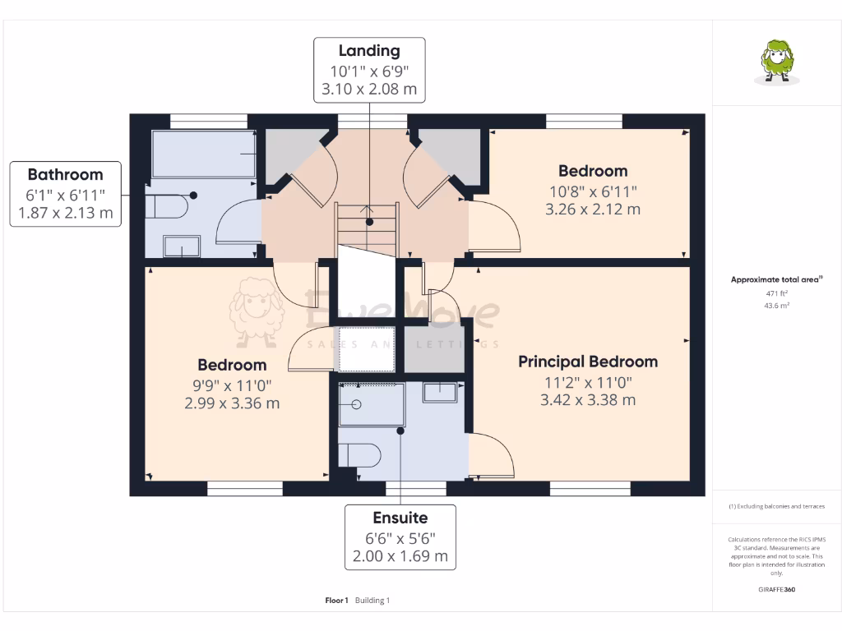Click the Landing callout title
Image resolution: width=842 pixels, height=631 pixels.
[x=369, y=51]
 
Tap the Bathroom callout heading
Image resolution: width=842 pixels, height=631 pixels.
[x=65, y=174]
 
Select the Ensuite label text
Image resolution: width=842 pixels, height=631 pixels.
[x=400, y=518]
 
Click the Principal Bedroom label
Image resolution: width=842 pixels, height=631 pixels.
[x=587, y=362]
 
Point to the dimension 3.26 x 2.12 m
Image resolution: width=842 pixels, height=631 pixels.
[x=592, y=209]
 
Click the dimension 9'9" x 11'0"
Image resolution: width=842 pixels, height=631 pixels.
[x=232, y=384]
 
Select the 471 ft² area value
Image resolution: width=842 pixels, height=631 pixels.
[x=776, y=292]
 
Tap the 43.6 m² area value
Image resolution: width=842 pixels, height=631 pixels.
[x=776, y=306]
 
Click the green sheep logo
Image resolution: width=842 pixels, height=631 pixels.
[x=776, y=62]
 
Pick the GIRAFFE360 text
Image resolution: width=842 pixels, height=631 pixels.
[x=777, y=589]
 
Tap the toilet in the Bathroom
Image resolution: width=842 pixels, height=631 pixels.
[x=167, y=206]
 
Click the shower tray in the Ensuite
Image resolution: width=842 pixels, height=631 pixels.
[x=372, y=404]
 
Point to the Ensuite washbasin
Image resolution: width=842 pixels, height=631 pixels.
[x=439, y=392]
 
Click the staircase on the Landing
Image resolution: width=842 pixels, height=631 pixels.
[x=367, y=228]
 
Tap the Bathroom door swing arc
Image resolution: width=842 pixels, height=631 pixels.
[x=236, y=223]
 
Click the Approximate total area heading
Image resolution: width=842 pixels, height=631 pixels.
[x=775, y=280]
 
